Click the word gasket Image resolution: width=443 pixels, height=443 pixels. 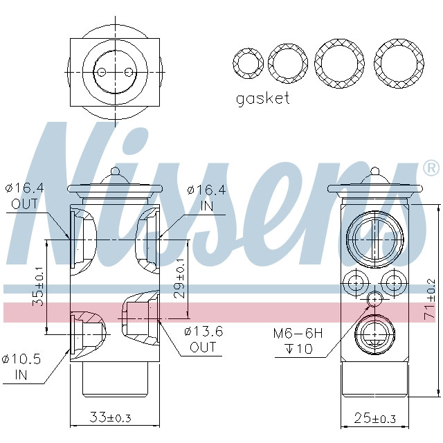(263, 98)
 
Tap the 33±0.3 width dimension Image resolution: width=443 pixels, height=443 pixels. (111, 418)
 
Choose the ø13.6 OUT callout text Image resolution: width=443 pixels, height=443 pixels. (204, 338)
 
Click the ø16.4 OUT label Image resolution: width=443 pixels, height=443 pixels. (25, 196)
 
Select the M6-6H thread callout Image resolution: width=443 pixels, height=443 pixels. (298, 333)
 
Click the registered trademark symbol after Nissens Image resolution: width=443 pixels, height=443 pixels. (431, 168)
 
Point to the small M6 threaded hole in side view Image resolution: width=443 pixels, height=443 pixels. (374, 298)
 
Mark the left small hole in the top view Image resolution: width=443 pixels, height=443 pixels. (101, 72)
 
